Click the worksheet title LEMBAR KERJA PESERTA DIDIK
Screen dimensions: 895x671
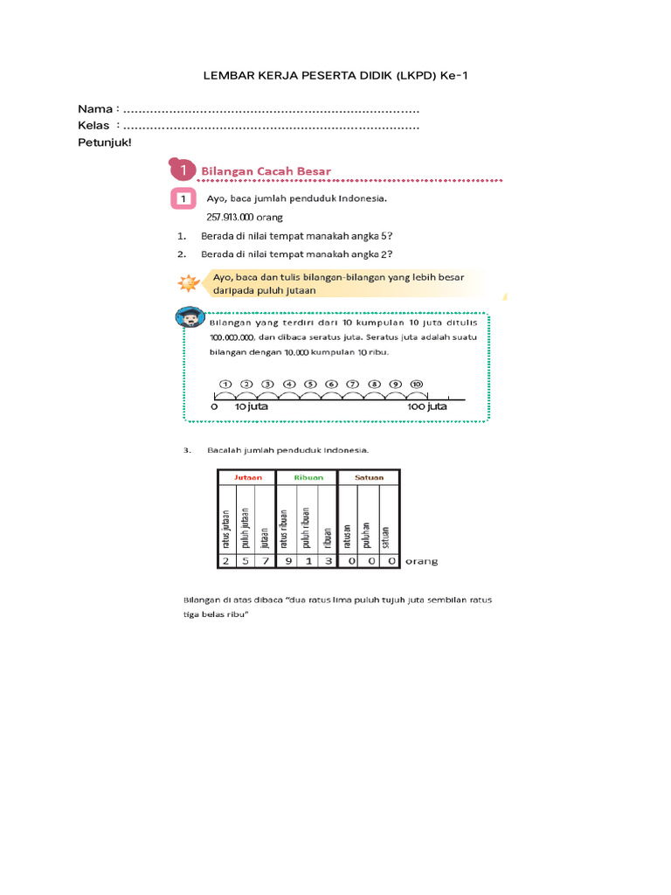335,76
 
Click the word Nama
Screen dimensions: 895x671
95,109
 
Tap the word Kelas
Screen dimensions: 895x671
94,126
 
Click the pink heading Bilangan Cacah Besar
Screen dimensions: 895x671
266,170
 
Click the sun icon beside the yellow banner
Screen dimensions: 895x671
187,283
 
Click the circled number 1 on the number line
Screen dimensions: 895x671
225,384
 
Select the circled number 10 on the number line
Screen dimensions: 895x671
417,384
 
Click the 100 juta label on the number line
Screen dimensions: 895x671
427,406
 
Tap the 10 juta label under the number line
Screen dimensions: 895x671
252,406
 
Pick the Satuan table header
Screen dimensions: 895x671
368,477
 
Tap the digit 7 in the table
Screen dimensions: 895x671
266,561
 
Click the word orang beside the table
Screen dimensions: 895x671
420,562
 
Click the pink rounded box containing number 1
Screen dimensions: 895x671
182,199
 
